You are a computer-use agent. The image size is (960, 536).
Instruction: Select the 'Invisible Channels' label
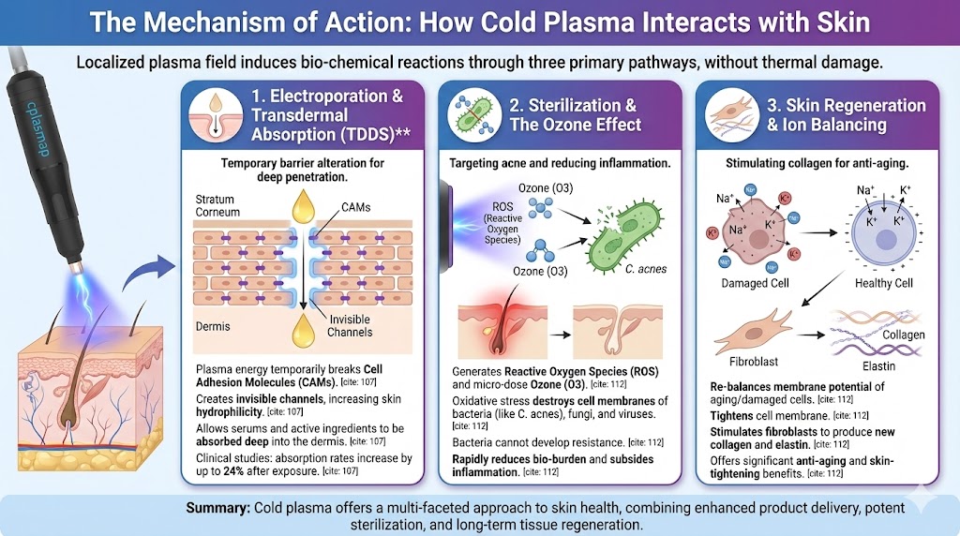click(350, 325)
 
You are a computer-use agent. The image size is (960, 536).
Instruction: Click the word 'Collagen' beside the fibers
click(903, 335)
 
